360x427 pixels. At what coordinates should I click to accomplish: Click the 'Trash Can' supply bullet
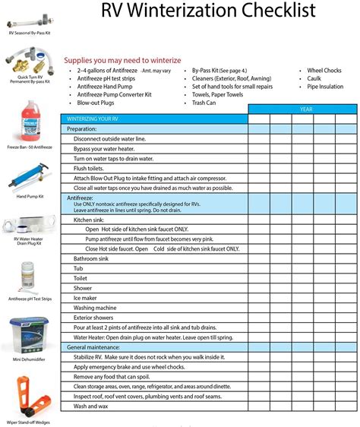click(206, 103)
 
